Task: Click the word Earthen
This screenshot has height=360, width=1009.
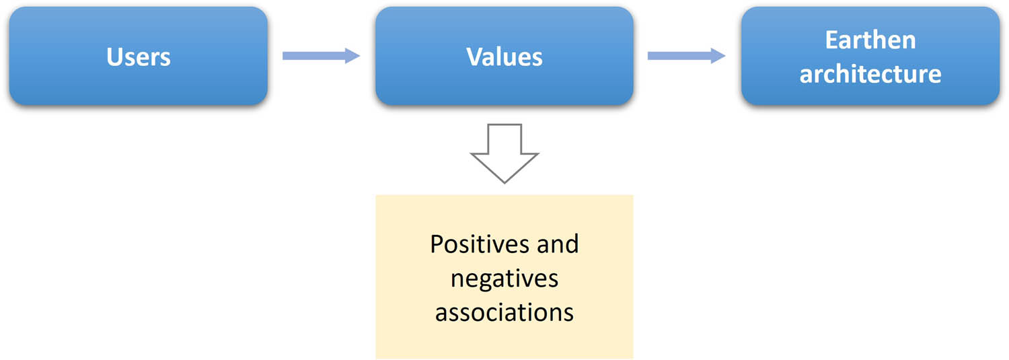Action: click(870, 40)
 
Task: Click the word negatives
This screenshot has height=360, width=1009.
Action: click(504, 278)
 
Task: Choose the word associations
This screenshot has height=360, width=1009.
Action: click(504, 312)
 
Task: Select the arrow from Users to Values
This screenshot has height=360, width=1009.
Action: click(321, 56)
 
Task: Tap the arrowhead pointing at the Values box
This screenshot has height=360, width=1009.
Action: click(354, 56)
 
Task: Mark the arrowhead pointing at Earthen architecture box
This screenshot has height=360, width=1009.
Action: click(719, 56)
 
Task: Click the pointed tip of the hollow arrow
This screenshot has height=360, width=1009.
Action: click(504, 180)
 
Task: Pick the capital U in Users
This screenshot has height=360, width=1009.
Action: click(114, 57)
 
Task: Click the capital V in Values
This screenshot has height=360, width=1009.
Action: click(475, 57)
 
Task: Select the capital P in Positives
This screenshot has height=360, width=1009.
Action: click(437, 244)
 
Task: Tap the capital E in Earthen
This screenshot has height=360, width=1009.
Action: click(831, 40)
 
